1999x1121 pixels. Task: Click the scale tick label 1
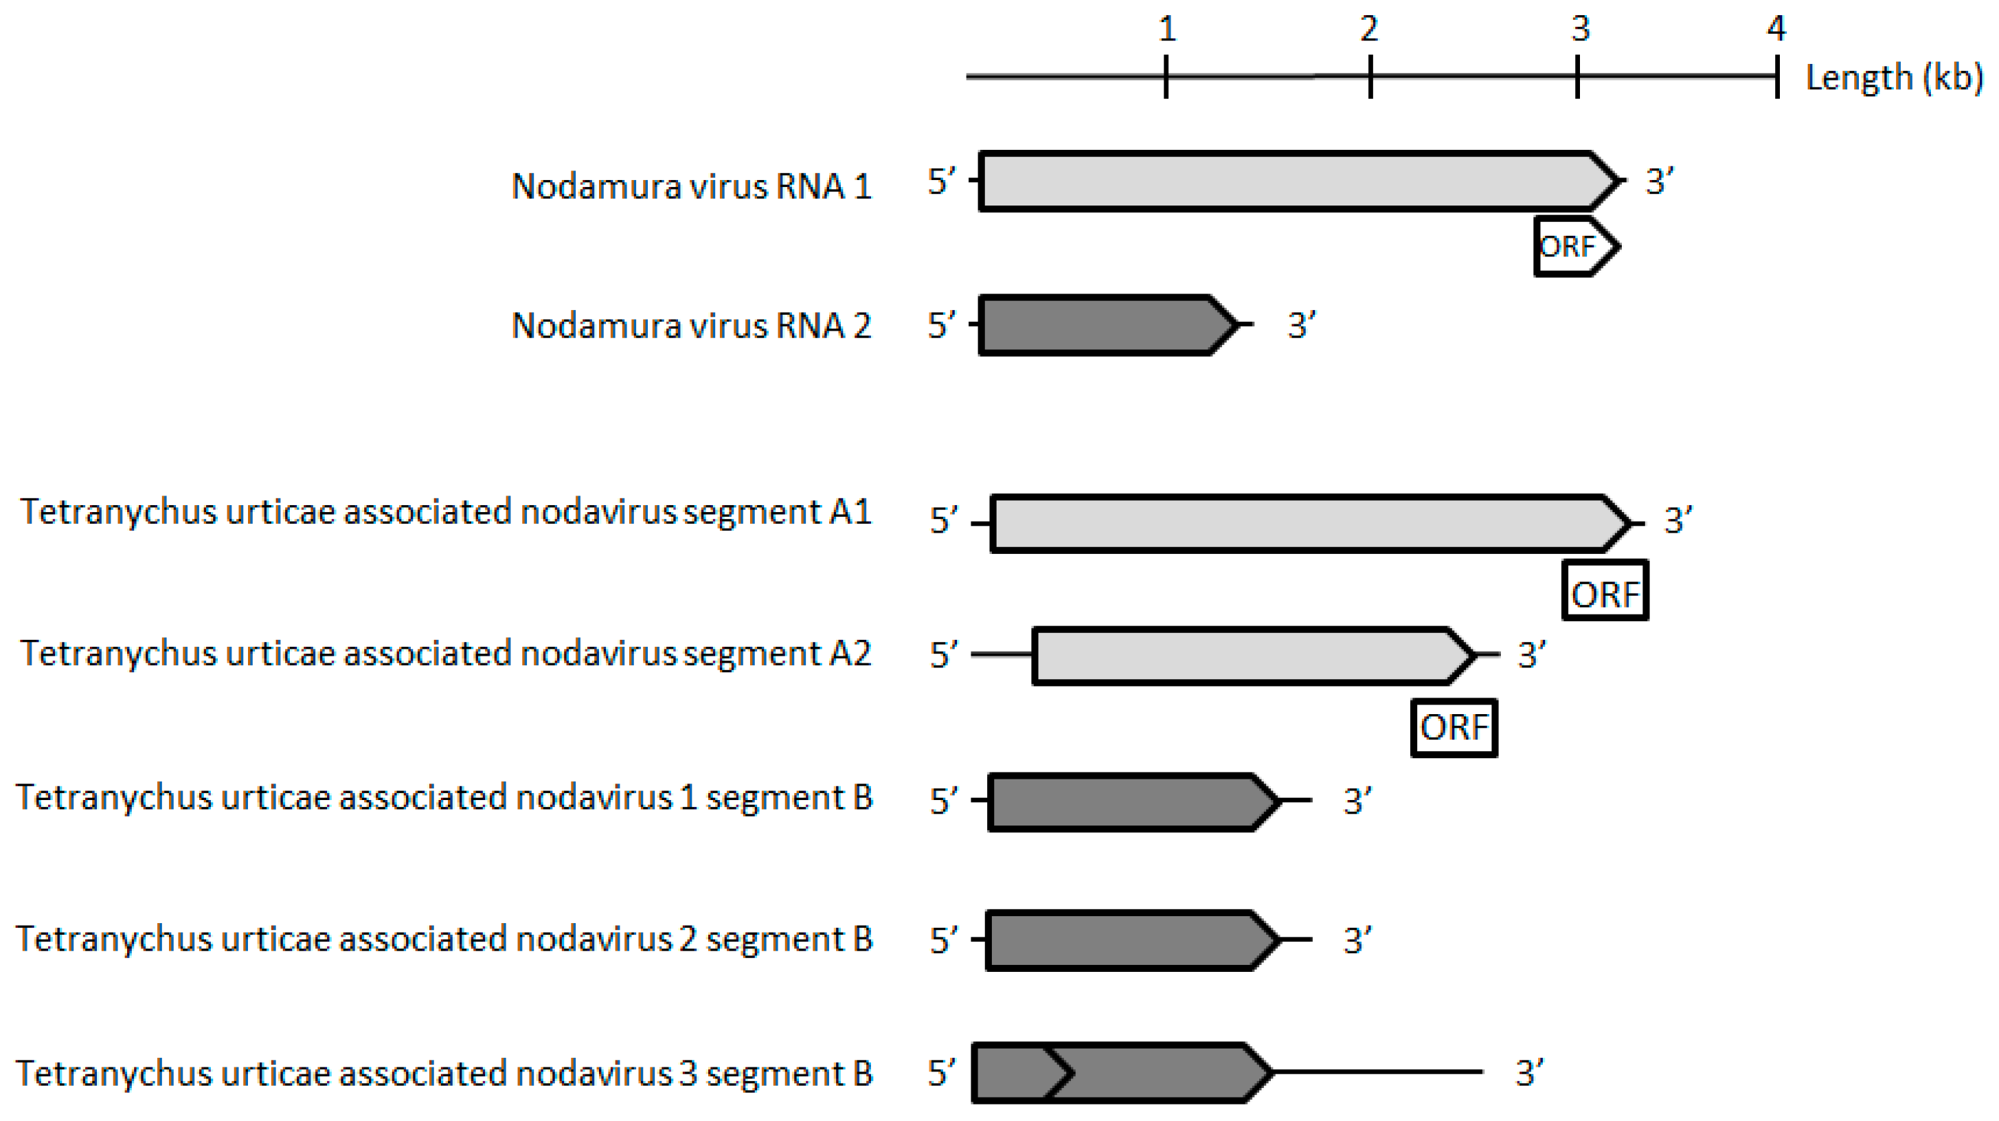(1166, 30)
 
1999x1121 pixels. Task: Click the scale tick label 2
(1369, 30)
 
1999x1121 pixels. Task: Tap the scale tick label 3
(1581, 30)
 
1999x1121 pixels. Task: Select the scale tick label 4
(1776, 30)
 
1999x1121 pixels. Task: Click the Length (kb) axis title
(1894, 78)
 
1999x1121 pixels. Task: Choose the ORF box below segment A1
(1605, 592)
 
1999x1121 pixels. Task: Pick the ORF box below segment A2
(1454, 728)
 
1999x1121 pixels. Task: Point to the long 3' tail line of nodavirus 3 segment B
(1377, 1072)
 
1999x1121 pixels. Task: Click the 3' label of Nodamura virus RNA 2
(1301, 325)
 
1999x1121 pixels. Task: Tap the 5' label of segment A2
(944, 655)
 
